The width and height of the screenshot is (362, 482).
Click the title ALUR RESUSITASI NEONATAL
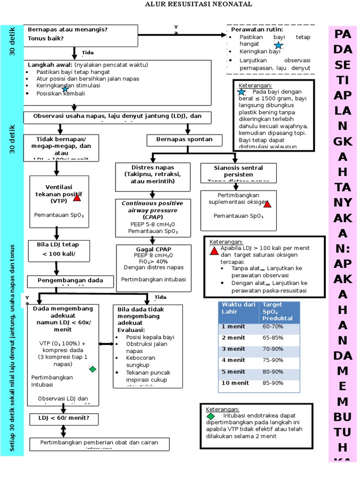(x=198, y=4)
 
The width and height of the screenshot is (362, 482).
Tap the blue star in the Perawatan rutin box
(x=279, y=45)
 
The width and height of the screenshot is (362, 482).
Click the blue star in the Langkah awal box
(x=65, y=88)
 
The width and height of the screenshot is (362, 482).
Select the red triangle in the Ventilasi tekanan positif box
(x=77, y=198)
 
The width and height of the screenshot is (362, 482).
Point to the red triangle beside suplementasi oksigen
(x=267, y=204)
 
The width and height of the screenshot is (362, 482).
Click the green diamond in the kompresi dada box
(x=92, y=369)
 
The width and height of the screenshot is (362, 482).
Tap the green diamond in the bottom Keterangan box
(x=211, y=416)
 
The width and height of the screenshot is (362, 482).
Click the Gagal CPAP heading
(x=153, y=249)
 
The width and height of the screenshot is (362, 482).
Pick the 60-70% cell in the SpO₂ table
(x=273, y=326)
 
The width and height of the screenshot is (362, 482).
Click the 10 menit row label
(x=235, y=383)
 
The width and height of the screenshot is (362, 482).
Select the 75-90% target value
(x=273, y=360)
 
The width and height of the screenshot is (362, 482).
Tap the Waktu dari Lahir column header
(x=239, y=308)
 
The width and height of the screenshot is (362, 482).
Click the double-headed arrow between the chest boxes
(x=106, y=344)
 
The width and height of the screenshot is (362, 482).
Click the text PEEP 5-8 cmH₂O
(x=153, y=224)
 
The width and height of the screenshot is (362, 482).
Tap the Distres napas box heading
(x=153, y=174)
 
